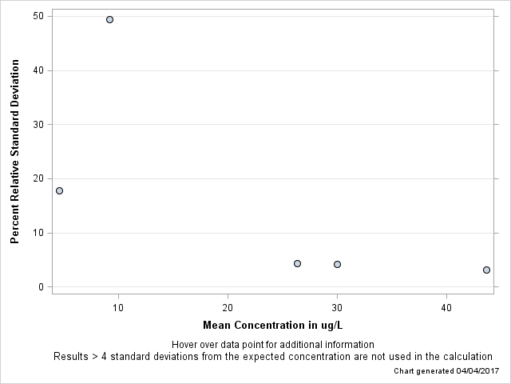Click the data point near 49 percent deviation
[x=109, y=19]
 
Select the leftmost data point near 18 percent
[x=59, y=190]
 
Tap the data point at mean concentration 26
[x=297, y=263]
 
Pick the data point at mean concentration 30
[x=337, y=264]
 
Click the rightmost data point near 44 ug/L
[x=486, y=270]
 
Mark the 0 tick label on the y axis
[x=40, y=287]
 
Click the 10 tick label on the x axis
[x=118, y=307]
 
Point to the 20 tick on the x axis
[x=228, y=307]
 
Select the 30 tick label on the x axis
[x=337, y=307]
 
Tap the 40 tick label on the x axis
[x=446, y=307]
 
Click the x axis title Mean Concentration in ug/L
[x=272, y=325]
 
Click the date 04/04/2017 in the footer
[x=477, y=371]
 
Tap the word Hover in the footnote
[x=185, y=345]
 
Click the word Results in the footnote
[x=70, y=356]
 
